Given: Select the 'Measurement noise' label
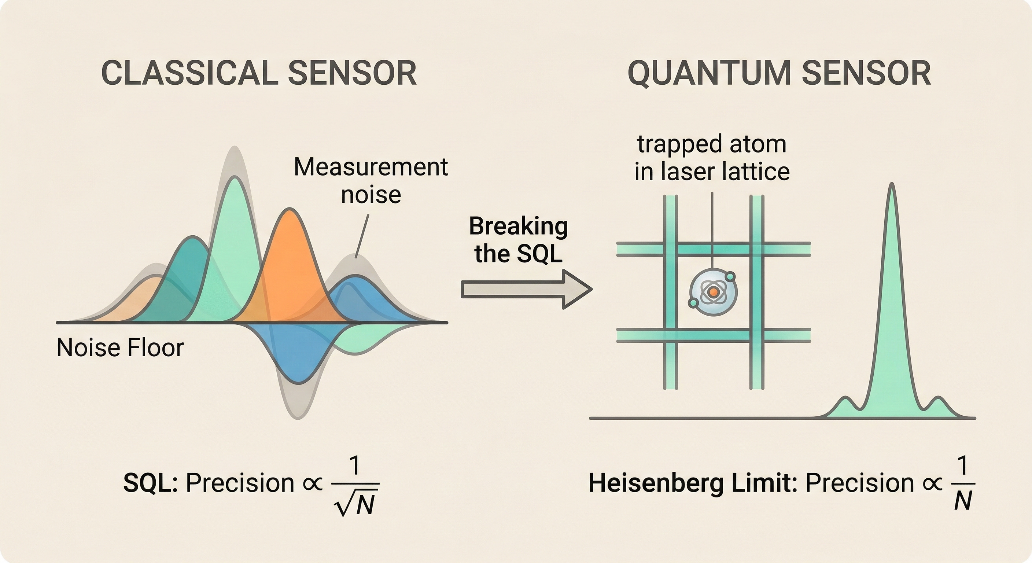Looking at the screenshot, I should pos(371,180).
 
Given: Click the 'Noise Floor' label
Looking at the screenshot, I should pos(120,347).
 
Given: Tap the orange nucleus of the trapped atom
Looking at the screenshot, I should pos(713,292).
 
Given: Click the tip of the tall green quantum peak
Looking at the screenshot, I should pos(892,185).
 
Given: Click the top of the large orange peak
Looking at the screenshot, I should pos(288,210).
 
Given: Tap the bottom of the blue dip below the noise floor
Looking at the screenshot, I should pos(298,383).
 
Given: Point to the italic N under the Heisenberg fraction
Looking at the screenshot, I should pos(963,501).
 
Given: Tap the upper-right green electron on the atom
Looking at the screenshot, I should pos(730,276).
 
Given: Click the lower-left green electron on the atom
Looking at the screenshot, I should pos(693,302).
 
